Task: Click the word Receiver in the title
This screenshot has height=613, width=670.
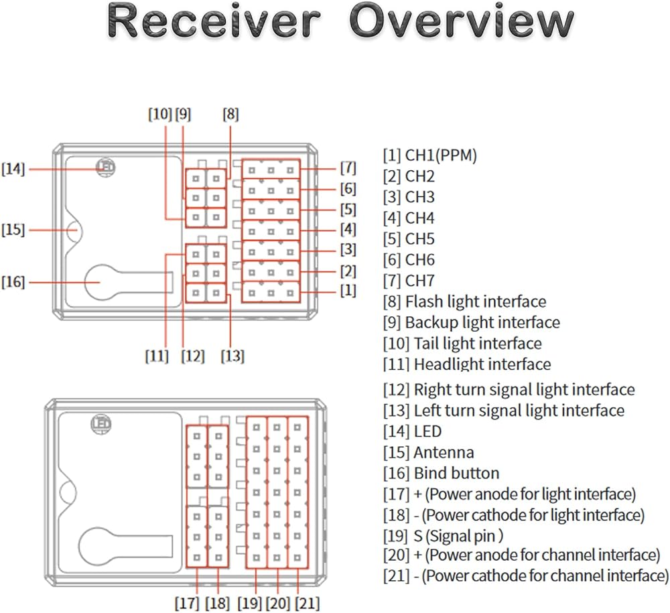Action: pos(214,21)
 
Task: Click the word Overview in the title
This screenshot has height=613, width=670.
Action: pos(462,21)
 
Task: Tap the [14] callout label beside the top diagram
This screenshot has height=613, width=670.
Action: pos(13,169)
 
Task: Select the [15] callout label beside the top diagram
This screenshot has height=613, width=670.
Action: pos(13,230)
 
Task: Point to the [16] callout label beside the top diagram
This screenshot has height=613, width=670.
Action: pos(13,282)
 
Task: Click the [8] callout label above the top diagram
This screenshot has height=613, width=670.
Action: pos(230,114)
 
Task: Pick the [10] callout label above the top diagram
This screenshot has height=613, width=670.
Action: pos(160,114)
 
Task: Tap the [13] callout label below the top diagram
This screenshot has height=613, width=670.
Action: pos(232,356)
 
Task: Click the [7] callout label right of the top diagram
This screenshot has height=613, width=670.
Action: pos(348,168)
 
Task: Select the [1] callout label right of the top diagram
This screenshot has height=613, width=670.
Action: pos(348,291)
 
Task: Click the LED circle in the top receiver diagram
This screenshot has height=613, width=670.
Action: pos(106,167)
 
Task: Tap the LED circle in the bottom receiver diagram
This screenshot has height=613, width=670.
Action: pos(101,424)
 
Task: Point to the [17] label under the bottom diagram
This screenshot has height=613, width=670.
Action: pos(187,603)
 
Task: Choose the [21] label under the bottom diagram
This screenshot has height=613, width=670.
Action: pos(308,603)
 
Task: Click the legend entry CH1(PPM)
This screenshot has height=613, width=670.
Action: pos(430,155)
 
